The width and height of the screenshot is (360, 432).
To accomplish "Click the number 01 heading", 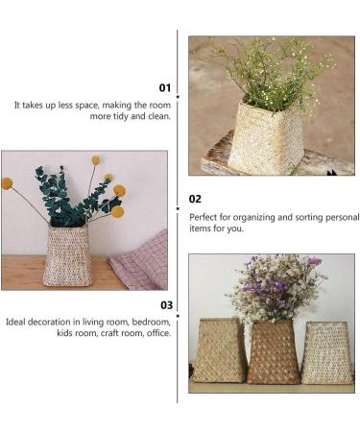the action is (x=165, y=87).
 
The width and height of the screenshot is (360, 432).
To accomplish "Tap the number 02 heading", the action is (x=195, y=199).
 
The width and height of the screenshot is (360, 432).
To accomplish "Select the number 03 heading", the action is (x=166, y=305).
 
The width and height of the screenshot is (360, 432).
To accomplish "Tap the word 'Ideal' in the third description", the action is (x=15, y=322).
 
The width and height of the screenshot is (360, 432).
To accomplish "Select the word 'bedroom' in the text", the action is (x=151, y=322).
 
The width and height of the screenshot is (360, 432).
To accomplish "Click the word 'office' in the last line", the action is (x=158, y=333).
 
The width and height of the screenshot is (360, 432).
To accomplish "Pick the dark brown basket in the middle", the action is (x=273, y=351).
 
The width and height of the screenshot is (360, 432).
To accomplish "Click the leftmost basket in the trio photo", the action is (x=219, y=350).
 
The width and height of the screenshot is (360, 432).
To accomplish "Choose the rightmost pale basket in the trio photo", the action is (x=326, y=352).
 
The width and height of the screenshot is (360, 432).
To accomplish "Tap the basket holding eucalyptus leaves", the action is (x=67, y=255).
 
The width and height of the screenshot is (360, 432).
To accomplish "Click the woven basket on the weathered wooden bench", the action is (x=266, y=138).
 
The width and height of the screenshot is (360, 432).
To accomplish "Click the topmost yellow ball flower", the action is (x=96, y=160).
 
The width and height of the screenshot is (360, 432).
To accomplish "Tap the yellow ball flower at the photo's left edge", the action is (x=7, y=183).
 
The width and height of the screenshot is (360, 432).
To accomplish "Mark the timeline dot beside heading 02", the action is (x=178, y=208).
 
